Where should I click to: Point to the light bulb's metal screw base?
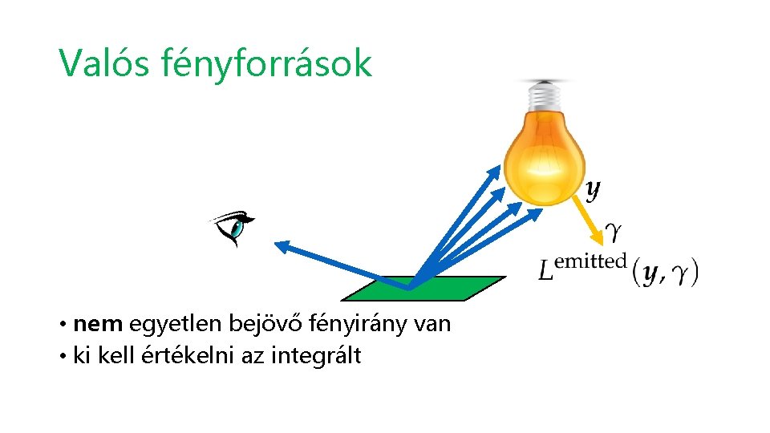tap(545, 95)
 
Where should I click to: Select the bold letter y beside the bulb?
tap(592, 190)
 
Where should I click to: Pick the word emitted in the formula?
tap(590, 260)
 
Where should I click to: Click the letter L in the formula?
tap(545, 272)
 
